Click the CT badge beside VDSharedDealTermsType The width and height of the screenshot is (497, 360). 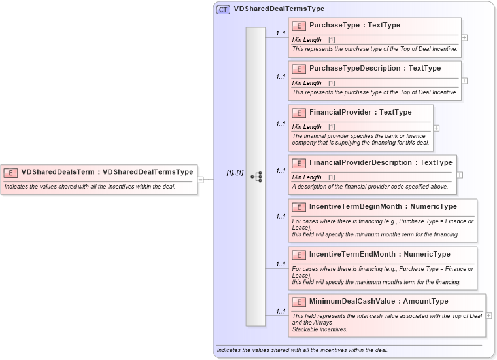[224, 9]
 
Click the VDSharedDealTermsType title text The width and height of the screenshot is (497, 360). [279, 9]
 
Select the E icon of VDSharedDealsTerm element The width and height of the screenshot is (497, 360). [11, 173]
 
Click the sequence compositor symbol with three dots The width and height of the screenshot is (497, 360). [256, 177]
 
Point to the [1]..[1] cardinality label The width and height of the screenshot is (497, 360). [235, 173]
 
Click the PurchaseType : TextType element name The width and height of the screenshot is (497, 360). [354, 26]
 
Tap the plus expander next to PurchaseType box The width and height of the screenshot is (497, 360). [464, 37]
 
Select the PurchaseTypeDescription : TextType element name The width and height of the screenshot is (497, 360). [375, 68]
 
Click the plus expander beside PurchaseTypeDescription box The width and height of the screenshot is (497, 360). [464, 81]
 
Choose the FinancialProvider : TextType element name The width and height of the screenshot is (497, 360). [360, 113]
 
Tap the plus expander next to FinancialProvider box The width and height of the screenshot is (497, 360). [436, 128]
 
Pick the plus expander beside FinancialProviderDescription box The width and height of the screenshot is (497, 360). [460, 175]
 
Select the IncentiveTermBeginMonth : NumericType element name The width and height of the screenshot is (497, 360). [383, 207]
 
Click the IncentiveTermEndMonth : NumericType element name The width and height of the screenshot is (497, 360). [379, 254]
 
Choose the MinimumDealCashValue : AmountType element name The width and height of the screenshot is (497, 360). [379, 302]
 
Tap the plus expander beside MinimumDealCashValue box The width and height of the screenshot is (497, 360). [489, 315]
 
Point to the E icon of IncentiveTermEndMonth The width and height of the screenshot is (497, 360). [299, 255]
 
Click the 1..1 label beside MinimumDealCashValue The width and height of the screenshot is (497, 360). [281, 312]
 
